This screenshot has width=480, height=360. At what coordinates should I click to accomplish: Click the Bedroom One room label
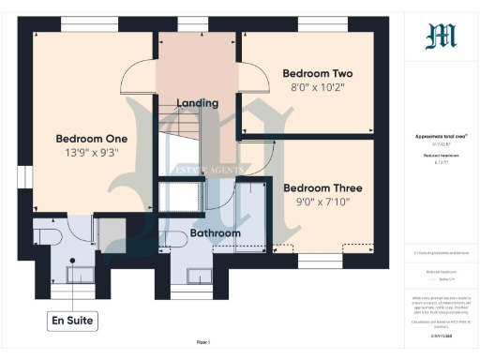[x=91, y=138]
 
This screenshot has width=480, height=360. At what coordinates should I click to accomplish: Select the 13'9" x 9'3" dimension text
[x=91, y=154]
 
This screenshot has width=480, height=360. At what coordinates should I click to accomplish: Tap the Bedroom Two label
[x=317, y=73]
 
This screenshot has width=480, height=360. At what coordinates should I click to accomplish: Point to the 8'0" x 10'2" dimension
[x=317, y=89]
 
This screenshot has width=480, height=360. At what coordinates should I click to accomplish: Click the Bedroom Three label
[x=322, y=187]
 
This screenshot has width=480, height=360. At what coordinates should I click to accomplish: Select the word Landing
[x=197, y=103]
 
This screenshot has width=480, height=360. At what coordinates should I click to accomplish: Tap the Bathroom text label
[x=216, y=232]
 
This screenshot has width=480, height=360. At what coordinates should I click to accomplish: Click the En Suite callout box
[x=73, y=321]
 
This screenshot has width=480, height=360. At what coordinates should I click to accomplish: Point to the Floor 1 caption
[x=203, y=343]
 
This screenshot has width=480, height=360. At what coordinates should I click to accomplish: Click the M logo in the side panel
[x=441, y=37]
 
